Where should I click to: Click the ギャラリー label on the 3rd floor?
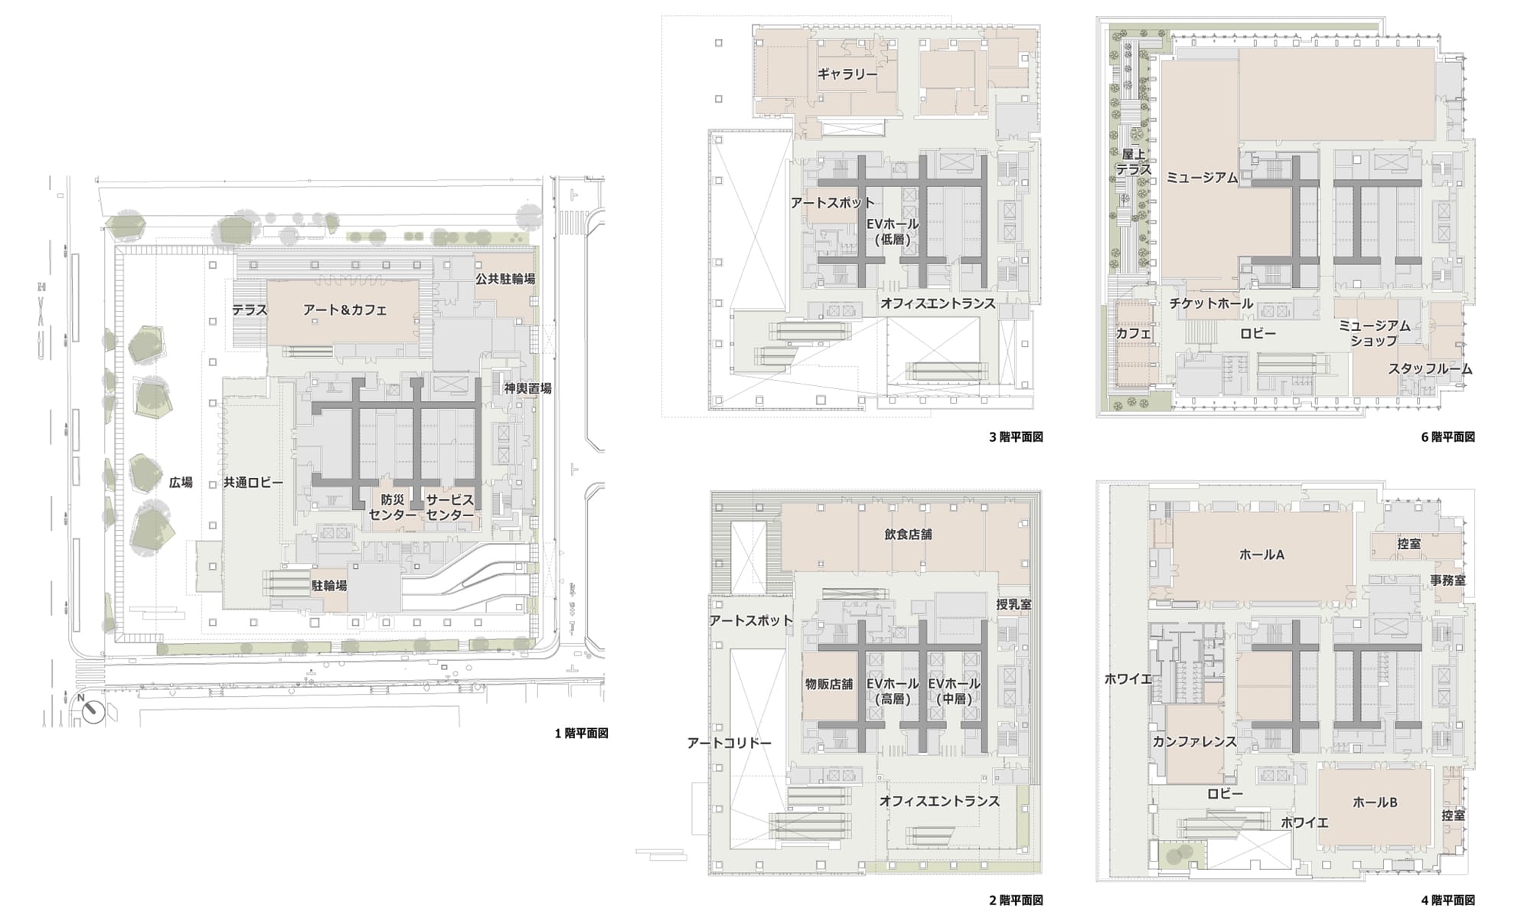pos(847,74)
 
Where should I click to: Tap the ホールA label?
pos(1262,554)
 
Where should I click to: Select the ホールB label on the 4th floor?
pos(1375,803)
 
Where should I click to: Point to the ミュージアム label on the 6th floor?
pos(1202,178)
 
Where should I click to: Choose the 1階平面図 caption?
pos(582,734)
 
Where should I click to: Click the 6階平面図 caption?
pos(1448,437)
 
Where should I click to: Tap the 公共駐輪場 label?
pos(505,279)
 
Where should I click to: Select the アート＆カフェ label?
pos(344,310)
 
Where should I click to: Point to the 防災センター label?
pos(392,507)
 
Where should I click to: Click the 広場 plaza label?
pos(181,482)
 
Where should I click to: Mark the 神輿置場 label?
pos(528,388)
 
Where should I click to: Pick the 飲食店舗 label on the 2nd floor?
pos(908,535)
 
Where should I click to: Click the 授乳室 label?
pos(1014,604)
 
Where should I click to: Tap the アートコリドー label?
pos(730,743)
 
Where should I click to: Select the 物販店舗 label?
pos(829,684)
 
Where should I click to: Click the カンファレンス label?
pos(1195,741)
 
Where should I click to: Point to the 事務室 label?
pos(1448,581)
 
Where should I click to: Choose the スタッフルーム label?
pos(1431,369)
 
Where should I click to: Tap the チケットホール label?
pos(1211,303)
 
